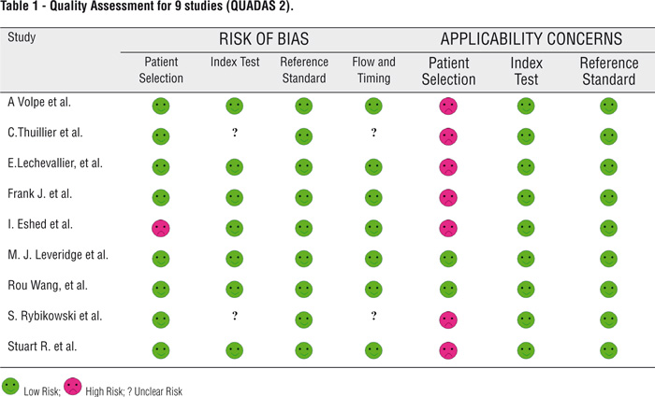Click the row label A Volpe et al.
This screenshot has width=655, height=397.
(x=39, y=104)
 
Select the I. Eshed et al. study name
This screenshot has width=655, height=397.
(x=40, y=225)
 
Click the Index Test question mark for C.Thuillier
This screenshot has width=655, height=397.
(x=234, y=135)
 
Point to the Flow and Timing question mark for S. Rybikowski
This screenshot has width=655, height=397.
(x=373, y=318)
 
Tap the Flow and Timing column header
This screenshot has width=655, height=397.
(x=373, y=71)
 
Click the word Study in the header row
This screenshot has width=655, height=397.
(x=22, y=37)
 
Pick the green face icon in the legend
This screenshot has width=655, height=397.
(x=11, y=386)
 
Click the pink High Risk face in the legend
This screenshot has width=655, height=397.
(x=95, y=386)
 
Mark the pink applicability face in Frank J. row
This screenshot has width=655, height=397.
(x=449, y=197)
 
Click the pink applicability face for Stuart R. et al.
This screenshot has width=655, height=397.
(x=449, y=349)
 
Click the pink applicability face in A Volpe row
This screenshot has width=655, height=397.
(x=449, y=106)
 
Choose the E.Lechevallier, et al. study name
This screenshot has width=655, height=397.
(x=54, y=164)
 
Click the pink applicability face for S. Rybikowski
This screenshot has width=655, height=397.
(x=449, y=319)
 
